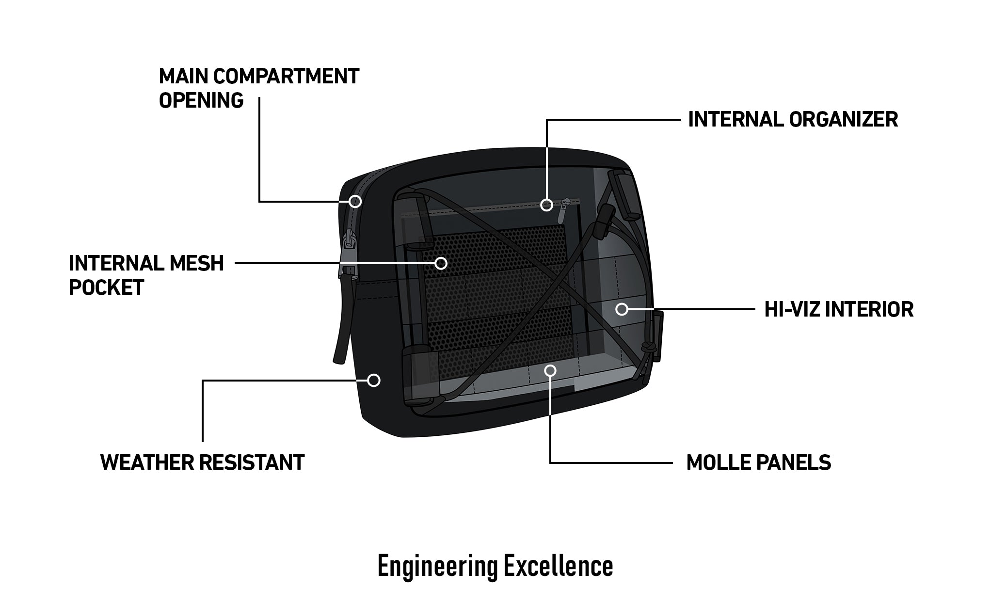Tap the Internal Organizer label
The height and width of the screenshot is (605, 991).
[x=793, y=119]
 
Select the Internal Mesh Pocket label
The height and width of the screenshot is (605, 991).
[x=146, y=275]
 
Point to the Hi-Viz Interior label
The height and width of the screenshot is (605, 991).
[x=839, y=309]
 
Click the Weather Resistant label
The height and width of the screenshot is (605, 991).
[x=202, y=462]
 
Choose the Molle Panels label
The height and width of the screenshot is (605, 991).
[x=759, y=462]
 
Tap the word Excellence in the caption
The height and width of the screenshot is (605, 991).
[x=558, y=566]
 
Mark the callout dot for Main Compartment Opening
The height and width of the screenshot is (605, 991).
[x=355, y=201]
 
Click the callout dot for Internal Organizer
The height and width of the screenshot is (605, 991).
[x=546, y=205]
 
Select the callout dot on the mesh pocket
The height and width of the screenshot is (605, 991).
[x=441, y=263]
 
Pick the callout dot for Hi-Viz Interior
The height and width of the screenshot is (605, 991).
[x=622, y=309]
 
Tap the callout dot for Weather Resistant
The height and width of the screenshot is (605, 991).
[x=373, y=380]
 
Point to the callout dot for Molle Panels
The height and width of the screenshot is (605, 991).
[x=550, y=371]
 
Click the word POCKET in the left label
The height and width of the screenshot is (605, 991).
[x=107, y=287]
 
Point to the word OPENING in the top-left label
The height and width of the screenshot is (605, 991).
[x=201, y=100]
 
